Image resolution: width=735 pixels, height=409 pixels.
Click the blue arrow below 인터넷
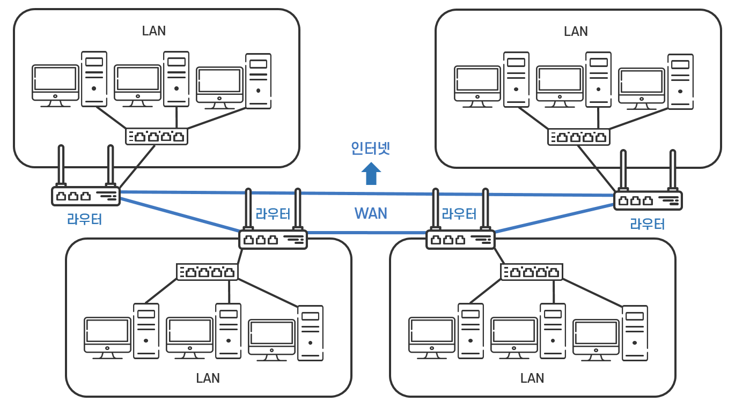(x=371, y=174)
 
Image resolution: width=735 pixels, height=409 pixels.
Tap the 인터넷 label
(x=371, y=148)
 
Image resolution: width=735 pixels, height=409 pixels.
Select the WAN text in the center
(x=371, y=213)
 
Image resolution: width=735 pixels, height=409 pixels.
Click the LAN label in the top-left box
(x=154, y=31)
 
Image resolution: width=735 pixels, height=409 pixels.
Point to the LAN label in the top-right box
(x=576, y=32)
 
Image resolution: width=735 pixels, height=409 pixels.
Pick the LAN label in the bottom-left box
(x=208, y=378)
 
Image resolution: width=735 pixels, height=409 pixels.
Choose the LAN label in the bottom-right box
(x=532, y=378)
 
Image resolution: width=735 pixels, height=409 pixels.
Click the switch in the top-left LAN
(x=157, y=136)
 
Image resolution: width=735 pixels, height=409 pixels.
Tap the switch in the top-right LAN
(x=579, y=137)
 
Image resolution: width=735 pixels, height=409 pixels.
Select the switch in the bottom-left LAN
(x=208, y=272)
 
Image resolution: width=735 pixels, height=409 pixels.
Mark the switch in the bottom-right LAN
(x=532, y=272)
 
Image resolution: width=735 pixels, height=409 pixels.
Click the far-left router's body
(x=86, y=196)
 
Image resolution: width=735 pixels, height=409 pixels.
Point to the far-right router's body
(x=648, y=200)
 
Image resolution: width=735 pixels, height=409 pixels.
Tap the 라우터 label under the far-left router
(x=85, y=219)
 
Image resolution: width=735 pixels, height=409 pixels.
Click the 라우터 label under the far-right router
(x=648, y=224)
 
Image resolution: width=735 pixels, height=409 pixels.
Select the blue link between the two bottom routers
(x=366, y=233)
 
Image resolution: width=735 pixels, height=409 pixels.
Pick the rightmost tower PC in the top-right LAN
(x=680, y=81)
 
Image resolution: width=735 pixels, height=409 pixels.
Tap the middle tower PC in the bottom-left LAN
(x=229, y=331)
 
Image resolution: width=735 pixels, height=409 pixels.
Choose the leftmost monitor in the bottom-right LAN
(x=432, y=338)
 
